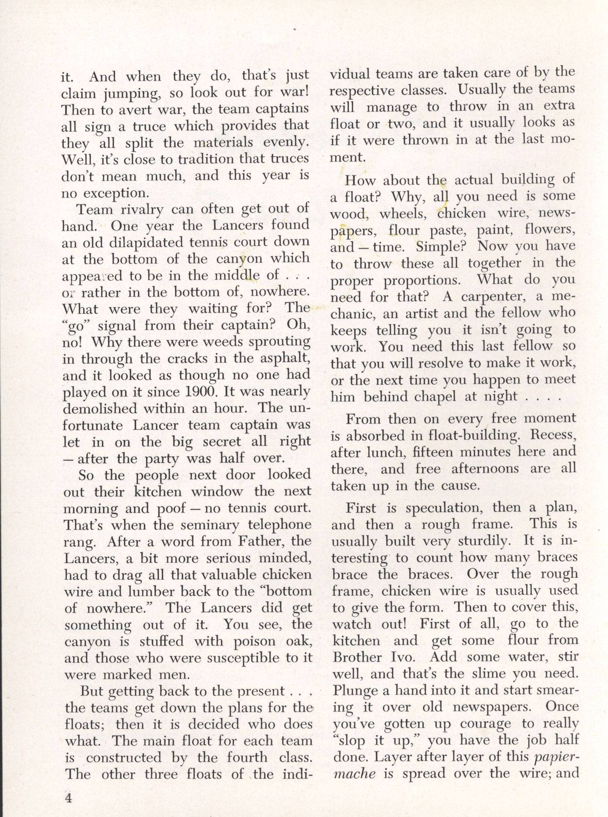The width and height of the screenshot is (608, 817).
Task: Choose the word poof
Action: pyautogui.click(x=171, y=509)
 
